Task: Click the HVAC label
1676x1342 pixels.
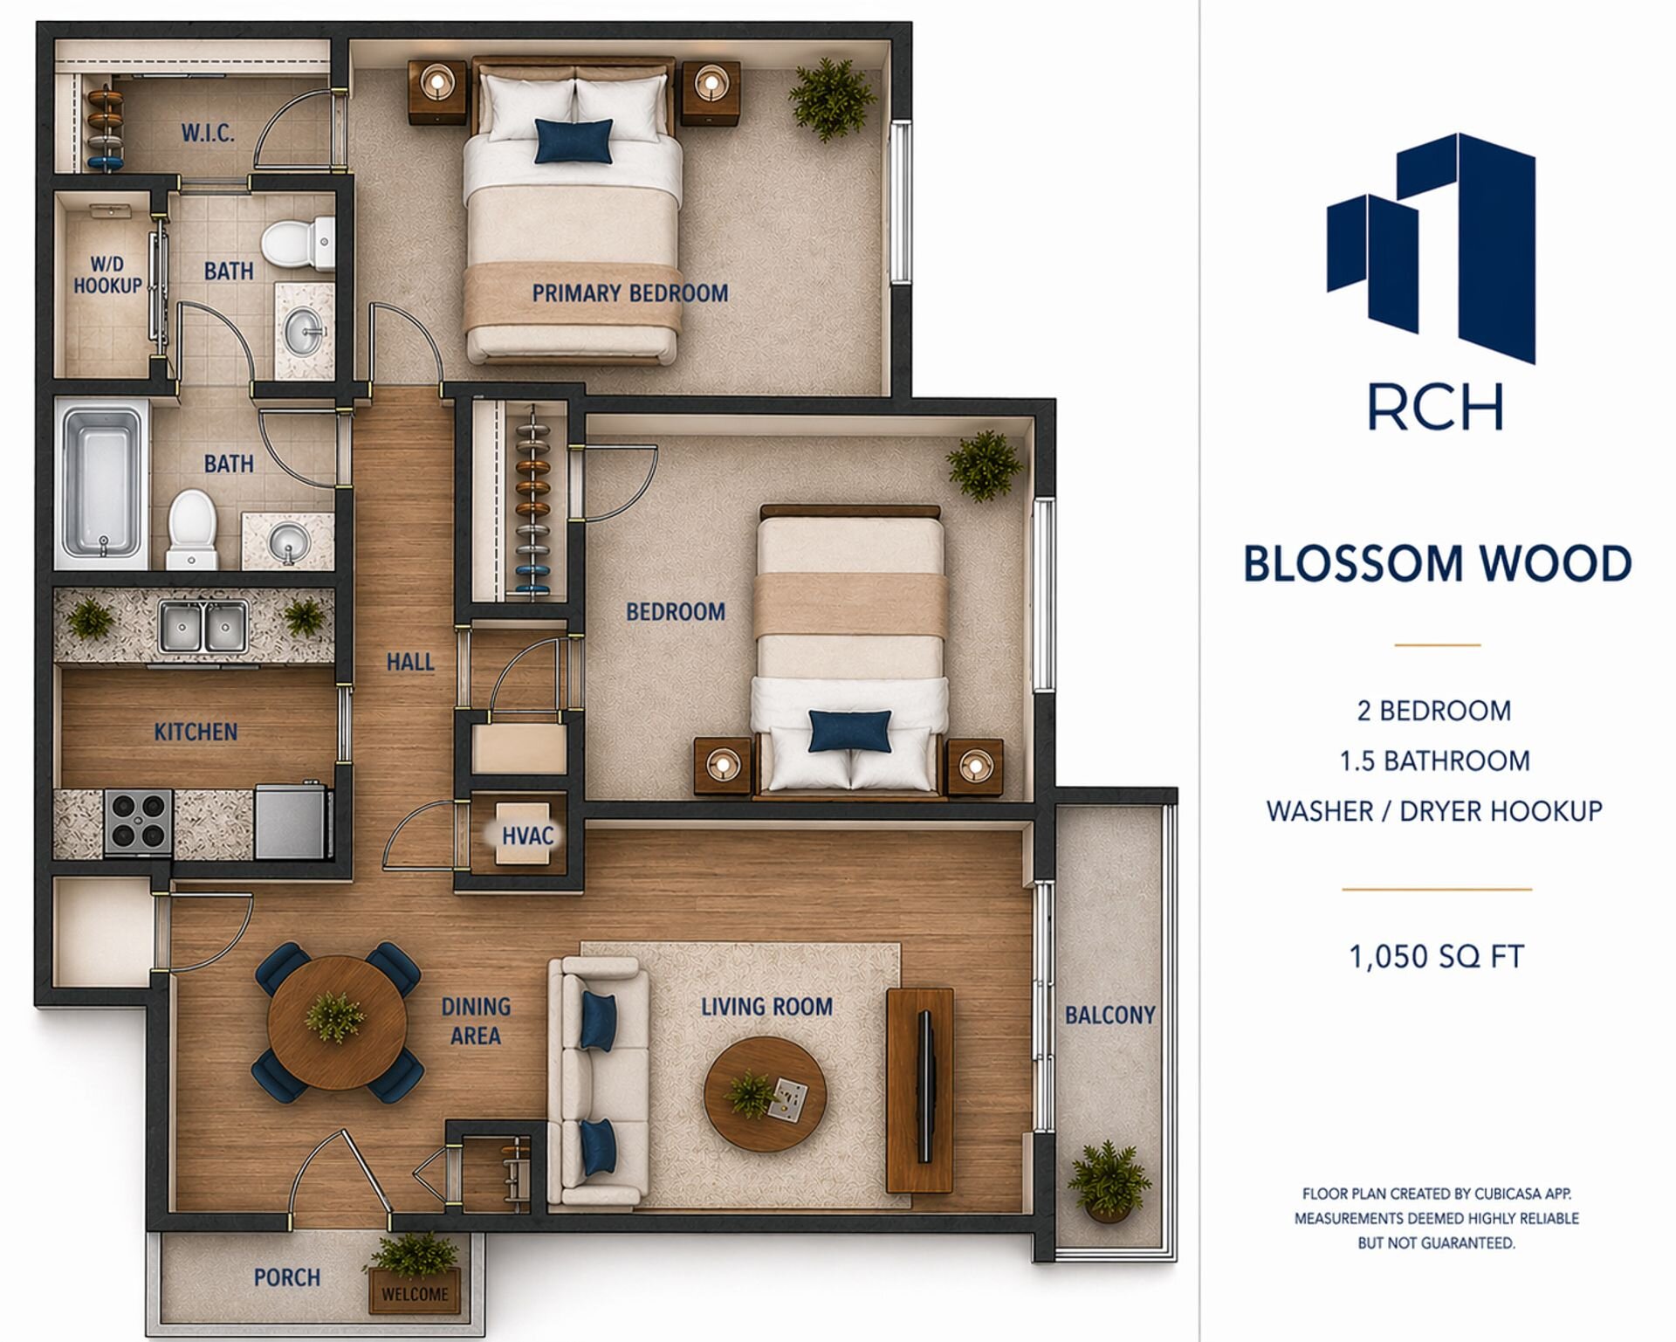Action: (527, 836)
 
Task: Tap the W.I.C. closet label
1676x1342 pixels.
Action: (208, 134)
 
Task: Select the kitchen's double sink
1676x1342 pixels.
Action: (203, 625)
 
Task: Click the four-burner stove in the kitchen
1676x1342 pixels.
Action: (139, 821)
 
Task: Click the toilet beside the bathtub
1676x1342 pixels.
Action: (192, 529)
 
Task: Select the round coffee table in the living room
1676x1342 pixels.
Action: (765, 1094)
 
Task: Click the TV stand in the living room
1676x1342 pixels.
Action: (920, 1091)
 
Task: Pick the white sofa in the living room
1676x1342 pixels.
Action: (598, 1082)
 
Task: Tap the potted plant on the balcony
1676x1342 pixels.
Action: (1108, 1180)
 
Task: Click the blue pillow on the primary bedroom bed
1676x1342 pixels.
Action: (574, 141)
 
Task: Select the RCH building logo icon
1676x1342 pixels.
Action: (1432, 248)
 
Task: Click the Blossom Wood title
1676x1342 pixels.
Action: (1437, 563)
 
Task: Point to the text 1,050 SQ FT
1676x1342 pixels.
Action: (1436, 957)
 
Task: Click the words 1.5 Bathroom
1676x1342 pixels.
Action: (1435, 761)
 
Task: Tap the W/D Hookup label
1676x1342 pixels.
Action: (107, 275)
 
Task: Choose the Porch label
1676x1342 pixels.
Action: (287, 1277)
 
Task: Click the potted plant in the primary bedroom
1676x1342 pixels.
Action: (832, 99)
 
